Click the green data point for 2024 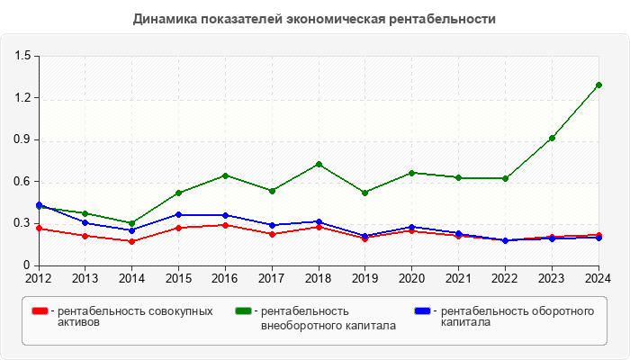598,85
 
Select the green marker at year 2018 319,165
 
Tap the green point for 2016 225,175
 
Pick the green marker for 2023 552,138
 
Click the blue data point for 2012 39,205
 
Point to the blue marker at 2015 178,215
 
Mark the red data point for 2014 131,241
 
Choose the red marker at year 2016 225,225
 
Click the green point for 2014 131,223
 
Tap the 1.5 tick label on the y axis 22,56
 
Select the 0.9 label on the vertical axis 22,140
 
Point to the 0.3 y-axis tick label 22,223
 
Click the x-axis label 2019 365,278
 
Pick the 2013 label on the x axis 85,278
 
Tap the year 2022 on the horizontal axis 505,278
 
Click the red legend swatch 40,311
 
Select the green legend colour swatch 243,311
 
